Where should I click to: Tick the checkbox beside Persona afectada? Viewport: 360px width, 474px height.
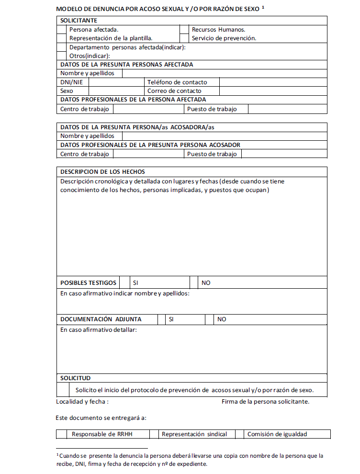pyautogui.click(x=61, y=30)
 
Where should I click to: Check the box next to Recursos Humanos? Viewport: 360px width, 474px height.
pyautogui.click(x=184, y=30)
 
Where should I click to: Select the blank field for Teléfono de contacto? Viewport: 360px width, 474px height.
pyautogui.click(x=273, y=82)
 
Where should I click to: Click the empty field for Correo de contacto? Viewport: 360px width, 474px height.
pyautogui.click(x=273, y=90)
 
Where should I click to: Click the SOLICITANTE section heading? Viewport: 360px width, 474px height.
pyautogui.click(x=79, y=21)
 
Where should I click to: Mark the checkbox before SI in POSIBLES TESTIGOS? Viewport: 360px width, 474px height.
pyautogui.click(x=124, y=282)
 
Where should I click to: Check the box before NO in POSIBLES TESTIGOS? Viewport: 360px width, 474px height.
pyautogui.click(x=194, y=282)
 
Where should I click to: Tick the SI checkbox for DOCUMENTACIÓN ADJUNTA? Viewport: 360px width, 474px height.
pyautogui.click(x=161, y=319)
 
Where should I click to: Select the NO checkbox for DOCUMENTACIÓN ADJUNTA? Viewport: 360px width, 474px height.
pyautogui.click(x=209, y=319)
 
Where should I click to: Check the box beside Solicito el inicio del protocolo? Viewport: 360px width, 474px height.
pyautogui.click(x=63, y=389)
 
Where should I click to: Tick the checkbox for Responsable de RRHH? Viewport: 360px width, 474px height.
pyautogui.click(x=61, y=434)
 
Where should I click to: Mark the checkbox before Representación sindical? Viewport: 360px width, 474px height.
pyautogui.click(x=154, y=434)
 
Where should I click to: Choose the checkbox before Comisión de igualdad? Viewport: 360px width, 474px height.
pyautogui.click(x=239, y=434)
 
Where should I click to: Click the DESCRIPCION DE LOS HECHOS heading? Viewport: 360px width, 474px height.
pyautogui.click(x=102, y=171)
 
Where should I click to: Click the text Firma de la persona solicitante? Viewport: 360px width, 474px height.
pyautogui.click(x=265, y=401)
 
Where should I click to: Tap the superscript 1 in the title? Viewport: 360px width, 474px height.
pyautogui.click(x=263, y=8)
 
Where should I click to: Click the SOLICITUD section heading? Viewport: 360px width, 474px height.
pyautogui.click(x=76, y=378)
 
